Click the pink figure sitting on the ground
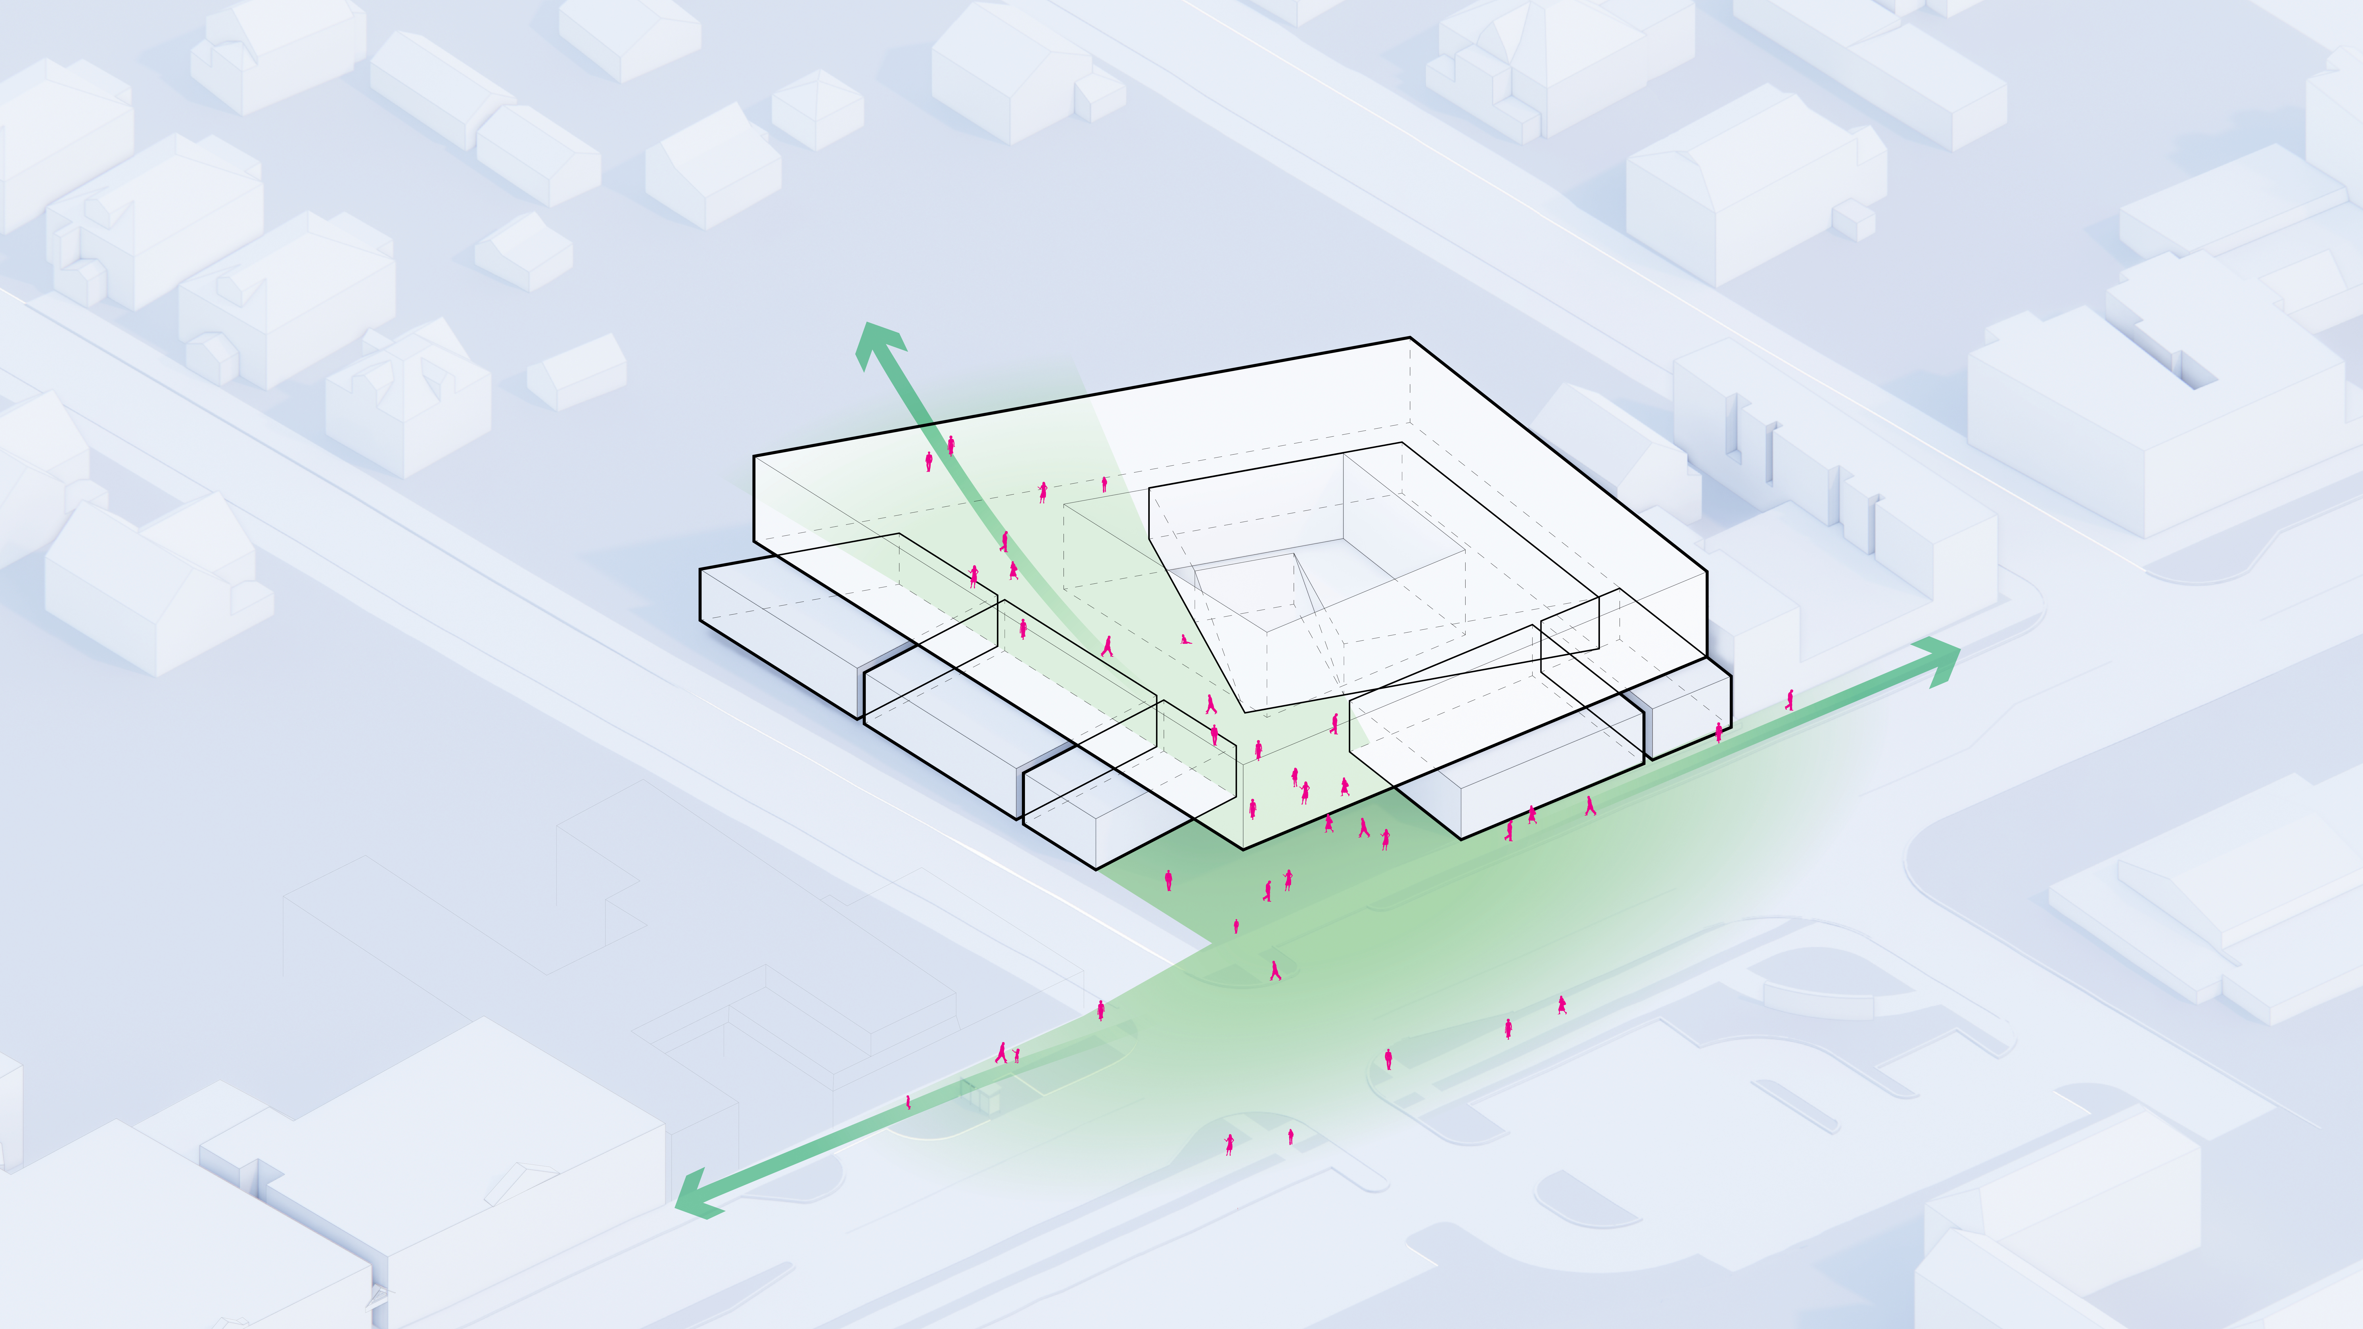pyautogui.click(x=1185, y=639)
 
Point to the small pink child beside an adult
pyautogui.click(x=1016, y=1055)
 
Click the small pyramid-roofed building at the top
pyautogui.click(x=816, y=108)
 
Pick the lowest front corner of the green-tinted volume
pyautogui.click(x=1243, y=848)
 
